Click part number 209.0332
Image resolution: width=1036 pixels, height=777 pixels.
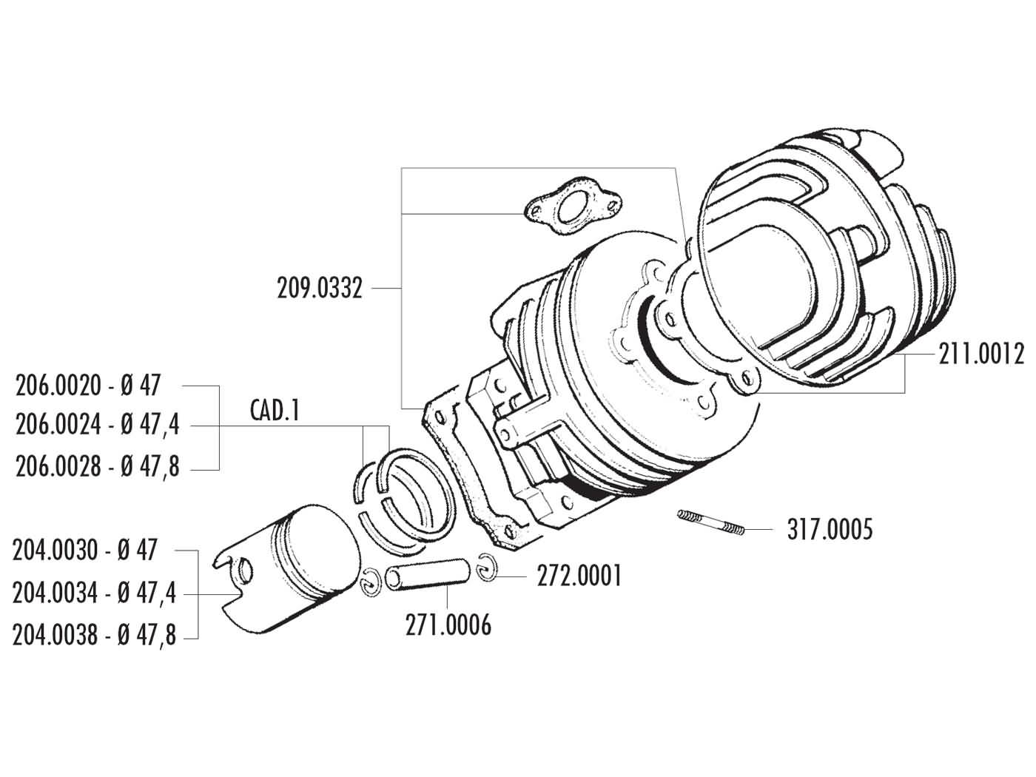[x=320, y=288]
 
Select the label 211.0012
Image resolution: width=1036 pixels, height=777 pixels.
[x=980, y=355]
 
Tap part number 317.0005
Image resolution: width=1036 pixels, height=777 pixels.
[x=830, y=530]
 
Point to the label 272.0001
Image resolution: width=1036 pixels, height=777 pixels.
[x=579, y=575]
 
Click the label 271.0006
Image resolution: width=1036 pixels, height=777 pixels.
[x=448, y=625]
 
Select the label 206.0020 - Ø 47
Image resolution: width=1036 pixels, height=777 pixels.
[x=87, y=386]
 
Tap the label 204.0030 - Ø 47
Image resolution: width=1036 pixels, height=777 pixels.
[x=84, y=551]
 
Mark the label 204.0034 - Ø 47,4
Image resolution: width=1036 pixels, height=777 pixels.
[x=95, y=593]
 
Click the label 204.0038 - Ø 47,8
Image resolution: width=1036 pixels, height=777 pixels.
[x=95, y=636]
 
